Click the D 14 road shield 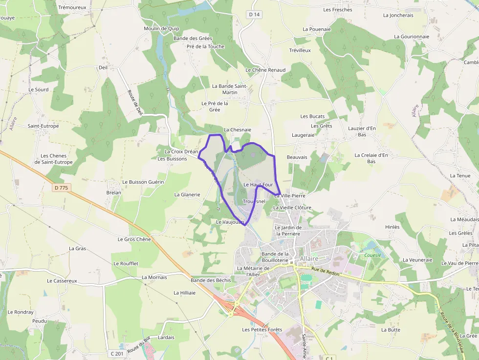coord(254,15)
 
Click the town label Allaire coord(309,258)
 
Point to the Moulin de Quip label coord(161,28)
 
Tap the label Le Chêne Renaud coord(265,70)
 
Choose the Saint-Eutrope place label coord(43,126)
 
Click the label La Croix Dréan coord(181,151)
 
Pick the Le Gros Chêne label coord(134,239)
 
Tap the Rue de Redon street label coord(325,271)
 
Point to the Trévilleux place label coord(300,50)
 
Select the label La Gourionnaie coord(412,37)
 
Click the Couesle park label coord(373,255)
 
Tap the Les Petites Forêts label coord(262,330)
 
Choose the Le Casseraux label coord(62,281)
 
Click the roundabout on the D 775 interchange coord(237,303)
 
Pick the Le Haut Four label coord(258,185)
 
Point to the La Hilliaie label coord(184,293)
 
